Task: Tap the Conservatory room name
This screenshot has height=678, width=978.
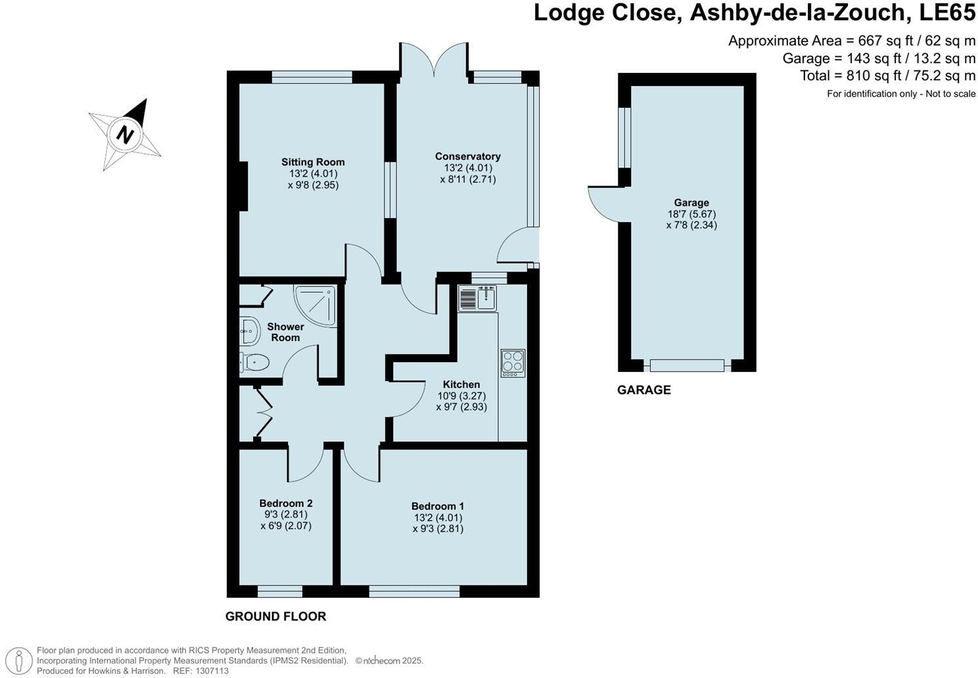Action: [467, 156]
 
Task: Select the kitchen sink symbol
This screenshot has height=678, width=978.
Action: [477, 299]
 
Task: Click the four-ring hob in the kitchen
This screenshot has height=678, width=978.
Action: [513, 362]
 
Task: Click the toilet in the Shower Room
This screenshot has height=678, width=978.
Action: [254, 362]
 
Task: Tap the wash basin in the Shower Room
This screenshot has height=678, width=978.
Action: [248, 331]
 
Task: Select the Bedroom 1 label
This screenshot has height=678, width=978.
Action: [438, 506]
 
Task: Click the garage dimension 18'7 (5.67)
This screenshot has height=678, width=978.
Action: [691, 214]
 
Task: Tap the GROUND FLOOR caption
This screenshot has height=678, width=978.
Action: [275, 616]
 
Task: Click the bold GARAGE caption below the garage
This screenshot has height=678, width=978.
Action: [643, 390]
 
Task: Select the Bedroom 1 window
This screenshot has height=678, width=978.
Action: [414, 592]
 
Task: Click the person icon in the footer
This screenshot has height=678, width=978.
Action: [22, 660]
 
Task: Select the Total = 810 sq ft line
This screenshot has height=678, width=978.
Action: [887, 76]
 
